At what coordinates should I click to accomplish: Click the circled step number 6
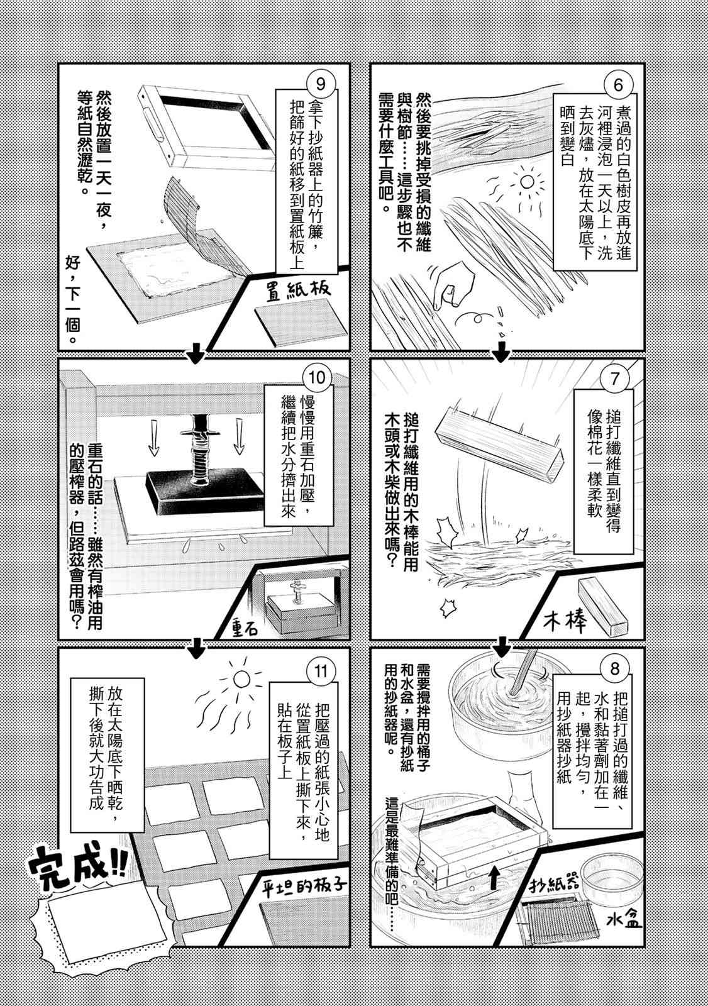pos(618,84)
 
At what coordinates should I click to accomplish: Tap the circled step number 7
pos(614,380)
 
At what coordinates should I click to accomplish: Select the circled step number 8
pos(614,669)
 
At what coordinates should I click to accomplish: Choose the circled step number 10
pos(317,377)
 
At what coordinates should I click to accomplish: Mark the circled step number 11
pos(321,672)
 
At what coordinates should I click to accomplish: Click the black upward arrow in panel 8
pos(494,874)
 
